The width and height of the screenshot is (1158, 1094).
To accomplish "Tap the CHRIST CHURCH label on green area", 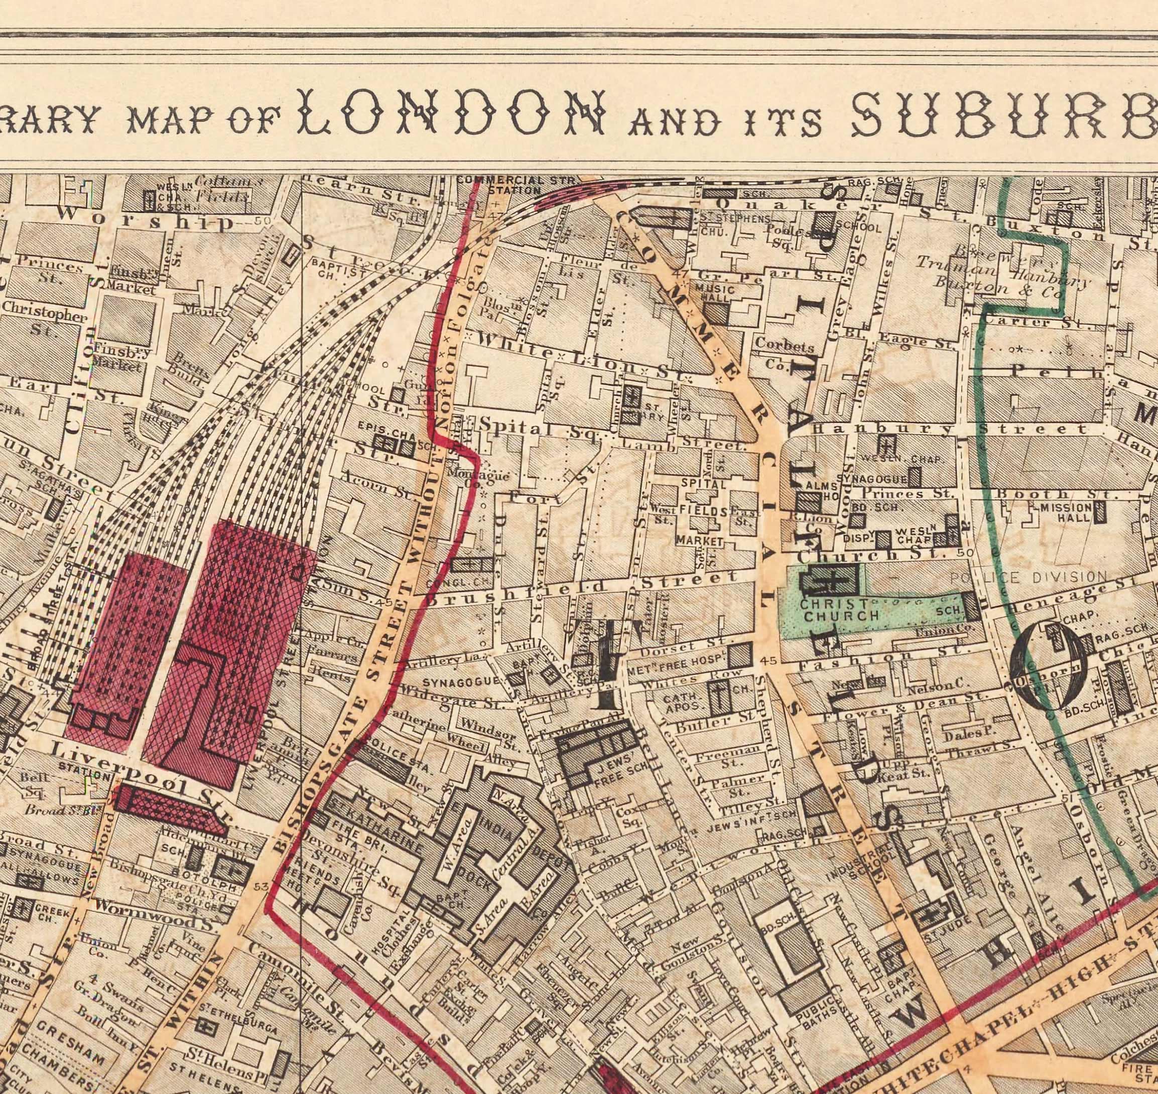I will pyautogui.click(x=840, y=609).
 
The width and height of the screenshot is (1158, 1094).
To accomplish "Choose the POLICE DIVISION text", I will pyautogui.click(x=1028, y=577).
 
